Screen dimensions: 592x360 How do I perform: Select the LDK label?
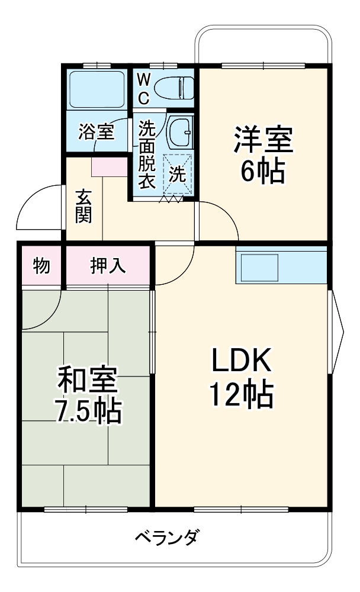[241, 359]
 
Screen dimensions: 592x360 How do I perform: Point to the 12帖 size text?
[241, 395]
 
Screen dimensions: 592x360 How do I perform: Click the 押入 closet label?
[108, 266]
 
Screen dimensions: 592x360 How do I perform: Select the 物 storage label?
[41, 266]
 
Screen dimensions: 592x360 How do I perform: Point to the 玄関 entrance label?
[83, 205]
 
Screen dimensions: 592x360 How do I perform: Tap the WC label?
[144, 88]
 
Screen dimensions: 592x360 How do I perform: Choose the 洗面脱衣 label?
[146, 155]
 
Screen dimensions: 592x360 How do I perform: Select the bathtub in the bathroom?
[97, 89]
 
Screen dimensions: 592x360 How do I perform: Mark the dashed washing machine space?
[178, 173]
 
